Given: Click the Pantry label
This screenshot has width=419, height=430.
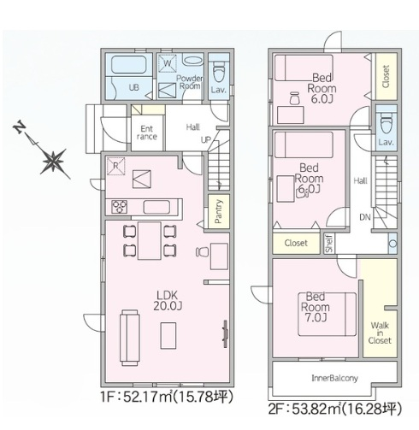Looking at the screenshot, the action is click(x=218, y=211).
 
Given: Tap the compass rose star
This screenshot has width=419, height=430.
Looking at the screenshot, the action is click(x=54, y=162).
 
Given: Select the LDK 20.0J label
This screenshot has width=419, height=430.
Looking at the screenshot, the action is click(x=168, y=300).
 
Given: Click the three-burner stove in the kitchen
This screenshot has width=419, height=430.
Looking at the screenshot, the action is click(x=120, y=207).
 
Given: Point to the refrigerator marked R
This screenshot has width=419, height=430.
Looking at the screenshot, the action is click(x=115, y=166).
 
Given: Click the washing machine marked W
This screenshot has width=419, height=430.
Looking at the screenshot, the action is click(x=168, y=63).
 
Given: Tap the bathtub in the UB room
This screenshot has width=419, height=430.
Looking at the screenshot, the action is click(x=129, y=65).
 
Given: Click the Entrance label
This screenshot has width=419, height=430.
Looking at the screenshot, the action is click(x=147, y=133).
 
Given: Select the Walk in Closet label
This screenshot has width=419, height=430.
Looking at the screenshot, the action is click(x=380, y=333).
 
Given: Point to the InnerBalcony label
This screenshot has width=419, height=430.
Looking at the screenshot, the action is click(x=335, y=378).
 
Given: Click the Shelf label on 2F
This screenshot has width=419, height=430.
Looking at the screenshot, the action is click(x=329, y=244).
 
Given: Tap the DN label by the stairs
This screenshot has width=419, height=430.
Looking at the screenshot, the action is click(x=365, y=217).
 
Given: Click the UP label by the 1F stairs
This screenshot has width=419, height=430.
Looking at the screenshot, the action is click(x=206, y=139).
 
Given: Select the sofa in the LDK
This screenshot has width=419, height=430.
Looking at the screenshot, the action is click(x=130, y=338).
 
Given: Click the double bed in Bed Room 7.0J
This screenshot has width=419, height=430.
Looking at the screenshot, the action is click(x=328, y=315).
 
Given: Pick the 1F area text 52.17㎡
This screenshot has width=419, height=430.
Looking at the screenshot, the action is click(x=148, y=397).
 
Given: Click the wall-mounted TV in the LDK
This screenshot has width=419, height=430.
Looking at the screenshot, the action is click(x=225, y=334).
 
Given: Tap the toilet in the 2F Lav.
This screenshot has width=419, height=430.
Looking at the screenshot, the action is click(x=387, y=123).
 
